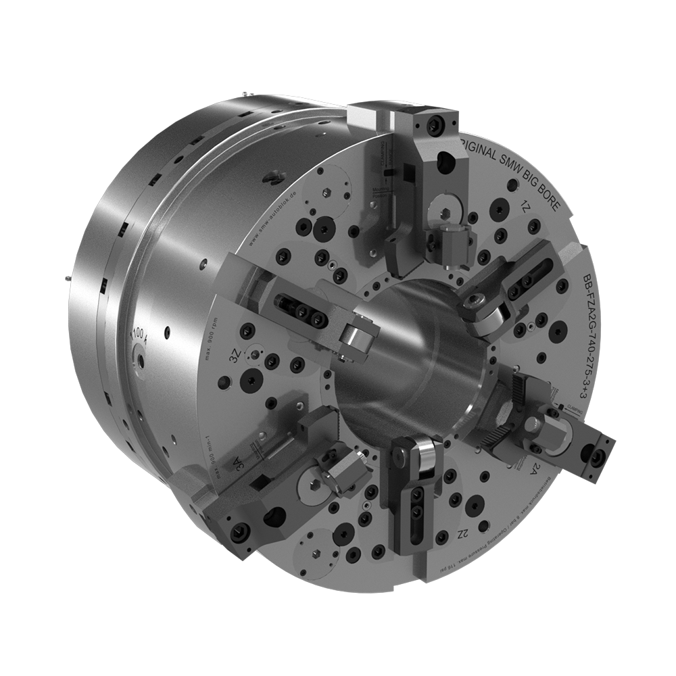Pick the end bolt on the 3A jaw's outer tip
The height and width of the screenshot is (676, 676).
[x=237, y=531]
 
